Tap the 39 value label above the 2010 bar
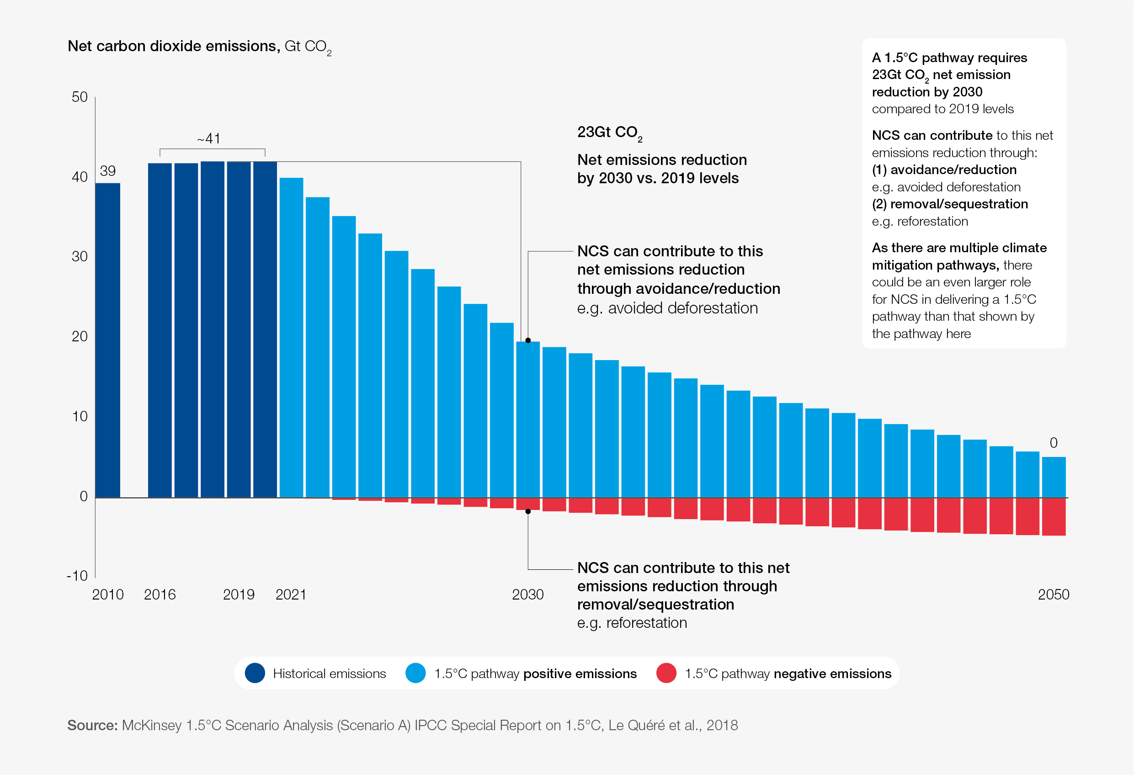click(x=107, y=171)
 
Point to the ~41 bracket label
click(x=209, y=139)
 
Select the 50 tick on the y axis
click(x=80, y=97)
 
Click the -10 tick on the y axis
click(x=77, y=576)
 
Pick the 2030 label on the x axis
click(x=527, y=595)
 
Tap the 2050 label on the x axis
click(x=1054, y=595)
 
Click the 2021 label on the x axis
click(x=291, y=595)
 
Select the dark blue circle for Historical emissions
click(x=255, y=673)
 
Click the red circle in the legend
click(x=666, y=673)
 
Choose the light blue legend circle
click(x=415, y=673)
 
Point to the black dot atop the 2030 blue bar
click(x=528, y=340)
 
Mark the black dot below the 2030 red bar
click(x=528, y=511)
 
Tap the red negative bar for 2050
click(x=1054, y=517)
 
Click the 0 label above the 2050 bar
click(x=1054, y=443)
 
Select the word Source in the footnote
click(x=92, y=725)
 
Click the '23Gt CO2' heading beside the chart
click(x=609, y=133)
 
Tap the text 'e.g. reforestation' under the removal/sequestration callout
click(x=632, y=623)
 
